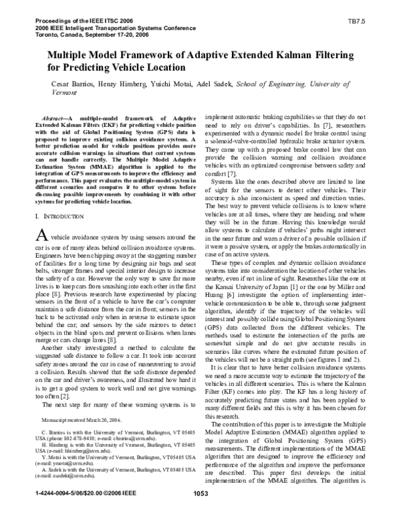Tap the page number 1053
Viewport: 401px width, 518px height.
[201, 513]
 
